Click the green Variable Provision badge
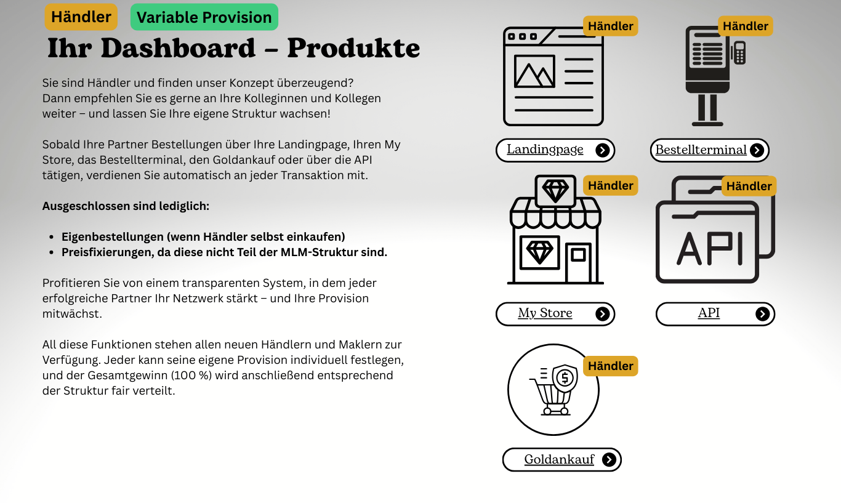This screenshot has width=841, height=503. click(x=204, y=17)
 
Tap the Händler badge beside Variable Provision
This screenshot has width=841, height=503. click(x=81, y=17)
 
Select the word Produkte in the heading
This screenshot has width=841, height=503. click(x=353, y=48)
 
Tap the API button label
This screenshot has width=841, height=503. click(x=709, y=313)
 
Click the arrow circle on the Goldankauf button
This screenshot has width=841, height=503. click(x=609, y=460)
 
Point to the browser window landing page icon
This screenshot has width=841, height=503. click(x=553, y=76)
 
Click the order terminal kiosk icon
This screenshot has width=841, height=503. click(x=708, y=75)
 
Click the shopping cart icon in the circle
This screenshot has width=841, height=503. click(x=552, y=390)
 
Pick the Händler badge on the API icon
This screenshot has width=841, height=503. click(x=749, y=186)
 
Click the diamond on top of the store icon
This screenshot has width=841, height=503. click(x=555, y=190)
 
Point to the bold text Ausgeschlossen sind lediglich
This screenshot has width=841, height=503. click(x=126, y=206)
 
